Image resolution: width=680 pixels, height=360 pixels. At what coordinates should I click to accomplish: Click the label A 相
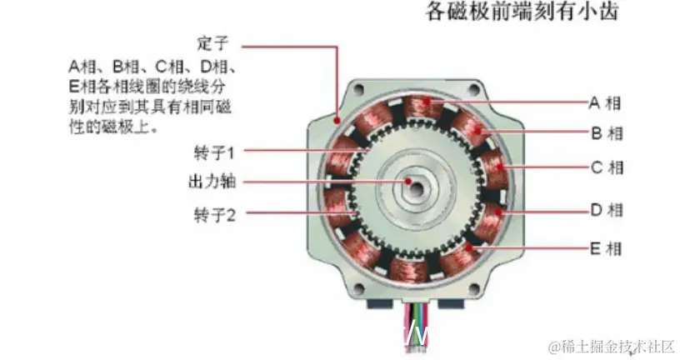coord(605,103)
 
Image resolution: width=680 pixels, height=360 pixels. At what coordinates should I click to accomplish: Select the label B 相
coord(607,132)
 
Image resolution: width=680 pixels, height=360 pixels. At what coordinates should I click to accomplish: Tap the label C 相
coord(607,167)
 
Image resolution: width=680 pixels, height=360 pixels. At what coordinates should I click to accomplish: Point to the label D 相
coord(607,210)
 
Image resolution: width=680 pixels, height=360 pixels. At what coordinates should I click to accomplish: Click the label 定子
coord(212,43)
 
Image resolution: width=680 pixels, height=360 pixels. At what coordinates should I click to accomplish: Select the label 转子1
coord(214,152)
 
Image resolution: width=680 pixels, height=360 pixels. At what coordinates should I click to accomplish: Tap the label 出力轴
coord(212,182)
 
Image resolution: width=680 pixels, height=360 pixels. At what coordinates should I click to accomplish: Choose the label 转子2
coord(215,215)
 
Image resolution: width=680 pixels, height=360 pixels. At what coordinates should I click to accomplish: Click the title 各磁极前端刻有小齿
coord(522,12)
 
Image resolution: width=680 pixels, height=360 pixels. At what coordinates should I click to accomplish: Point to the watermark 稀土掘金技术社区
coord(612,347)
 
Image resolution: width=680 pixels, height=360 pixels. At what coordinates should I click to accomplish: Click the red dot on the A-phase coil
coord(427,102)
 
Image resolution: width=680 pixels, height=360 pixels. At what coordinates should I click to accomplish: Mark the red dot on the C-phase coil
coord(500,167)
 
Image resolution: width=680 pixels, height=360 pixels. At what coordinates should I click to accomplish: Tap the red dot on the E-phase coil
coord(470,248)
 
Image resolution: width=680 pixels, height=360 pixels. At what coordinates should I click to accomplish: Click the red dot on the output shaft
coord(408,182)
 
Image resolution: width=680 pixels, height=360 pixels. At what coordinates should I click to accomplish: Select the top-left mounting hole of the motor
coord(358,89)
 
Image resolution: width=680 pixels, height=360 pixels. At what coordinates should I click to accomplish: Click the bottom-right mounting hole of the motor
coord(474,288)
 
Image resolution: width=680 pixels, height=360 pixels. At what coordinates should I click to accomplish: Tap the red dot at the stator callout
coord(337,121)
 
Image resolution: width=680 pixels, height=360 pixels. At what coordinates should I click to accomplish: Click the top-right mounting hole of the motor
coord(474,90)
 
